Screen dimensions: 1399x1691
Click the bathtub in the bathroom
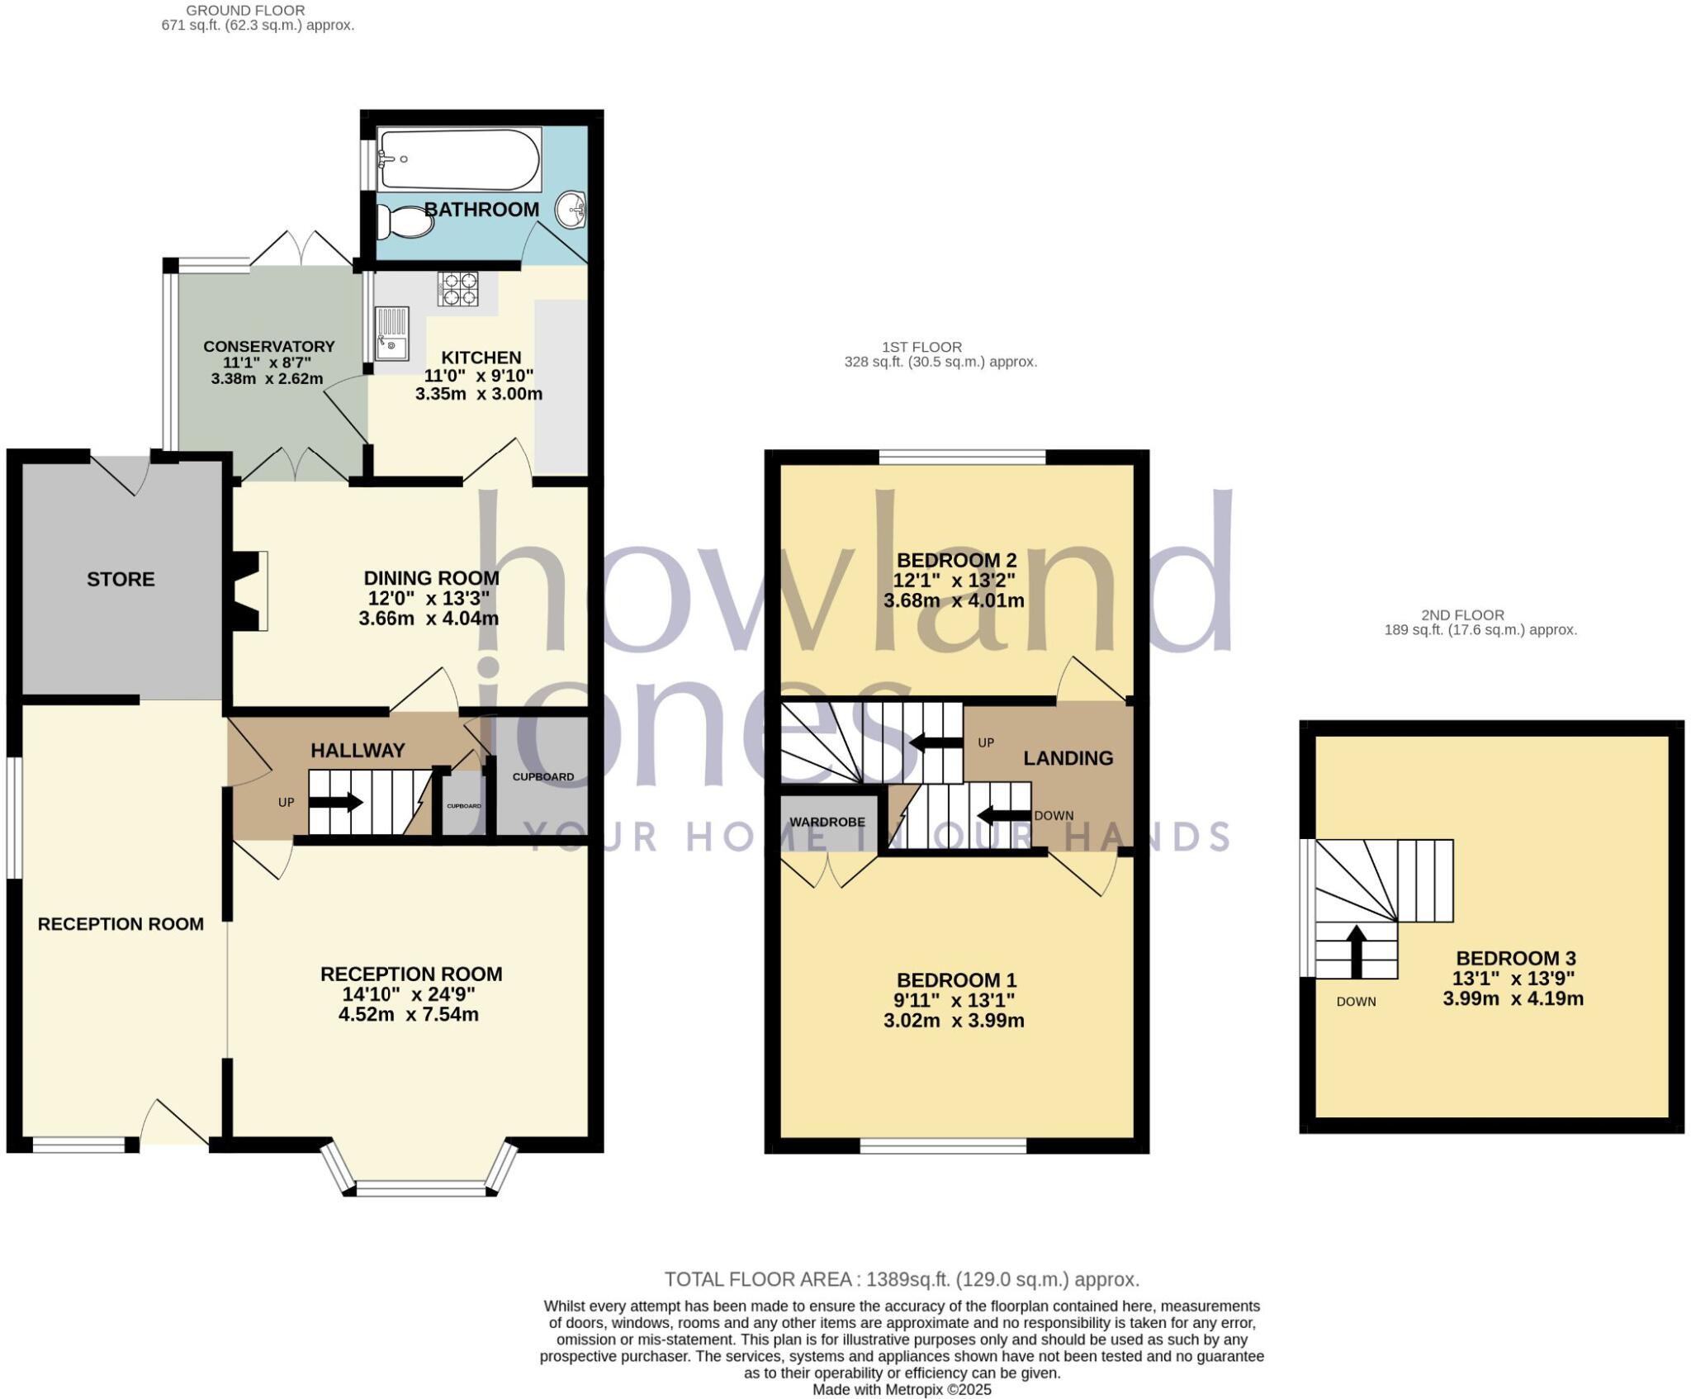click(459, 159)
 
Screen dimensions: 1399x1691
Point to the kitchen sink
click(391, 334)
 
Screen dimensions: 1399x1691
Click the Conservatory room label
click(269, 347)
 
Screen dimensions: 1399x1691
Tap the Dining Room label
click(431, 578)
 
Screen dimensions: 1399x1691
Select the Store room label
click(121, 580)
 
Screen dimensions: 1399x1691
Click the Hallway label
click(358, 751)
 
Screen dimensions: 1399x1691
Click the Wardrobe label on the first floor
click(827, 822)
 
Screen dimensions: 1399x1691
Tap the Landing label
click(1068, 758)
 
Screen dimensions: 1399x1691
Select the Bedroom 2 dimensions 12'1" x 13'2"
click(954, 581)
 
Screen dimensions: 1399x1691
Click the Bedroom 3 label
click(1516, 958)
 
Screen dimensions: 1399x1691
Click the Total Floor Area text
click(902, 1279)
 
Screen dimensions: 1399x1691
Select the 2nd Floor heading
click(1462, 615)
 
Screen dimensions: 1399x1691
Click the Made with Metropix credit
click(902, 1390)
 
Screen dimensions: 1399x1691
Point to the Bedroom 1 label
click(956, 980)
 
